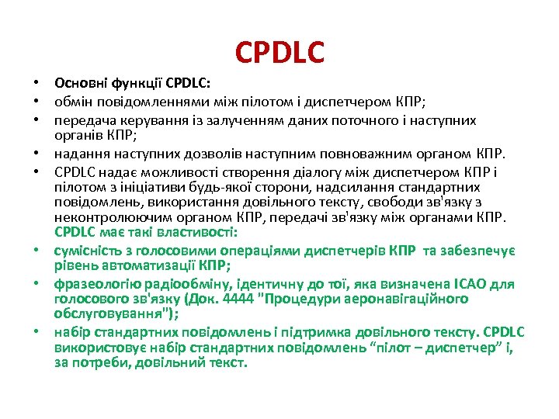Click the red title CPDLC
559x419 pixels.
279,53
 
